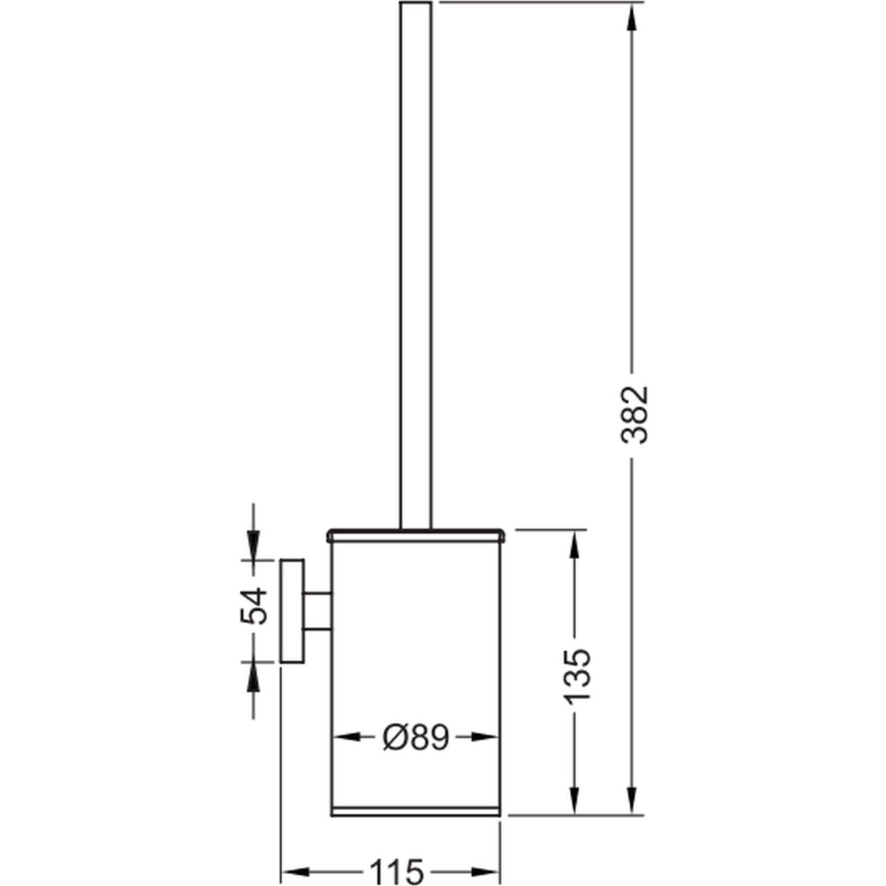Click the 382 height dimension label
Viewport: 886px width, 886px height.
(x=634, y=415)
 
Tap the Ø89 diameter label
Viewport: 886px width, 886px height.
(x=415, y=738)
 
